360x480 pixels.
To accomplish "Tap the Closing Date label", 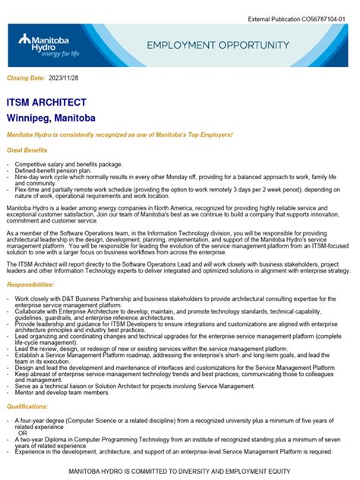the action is click(x=27, y=78).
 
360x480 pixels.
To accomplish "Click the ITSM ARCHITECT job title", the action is click(x=46, y=103).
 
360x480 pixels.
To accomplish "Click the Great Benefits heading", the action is click(x=27, y=150).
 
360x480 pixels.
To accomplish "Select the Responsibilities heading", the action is click(x=30, y=284).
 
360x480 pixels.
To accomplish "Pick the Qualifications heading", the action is click(x=27, y=406).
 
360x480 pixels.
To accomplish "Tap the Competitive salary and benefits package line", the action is click(x=68, y=164).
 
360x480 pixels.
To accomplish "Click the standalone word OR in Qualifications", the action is click(x=23, y=433).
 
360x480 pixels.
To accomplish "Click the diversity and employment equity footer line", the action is click(x=179, y=471).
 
